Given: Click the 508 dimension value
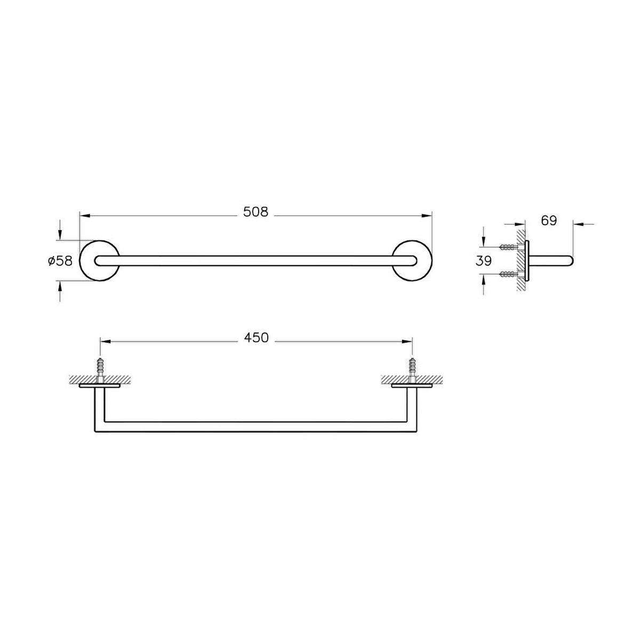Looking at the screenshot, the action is pos(255,212).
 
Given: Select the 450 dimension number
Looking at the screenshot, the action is pos(256,338).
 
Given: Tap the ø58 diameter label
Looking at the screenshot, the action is pos(60,261).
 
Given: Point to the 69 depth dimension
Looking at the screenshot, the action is pos(549,220).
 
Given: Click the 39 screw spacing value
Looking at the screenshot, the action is pos(484,261).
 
